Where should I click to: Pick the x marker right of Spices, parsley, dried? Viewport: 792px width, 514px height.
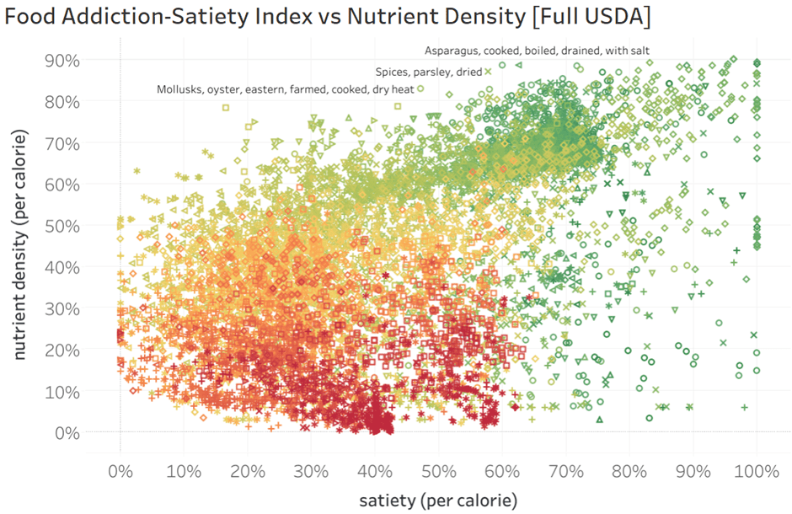point(488,72)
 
